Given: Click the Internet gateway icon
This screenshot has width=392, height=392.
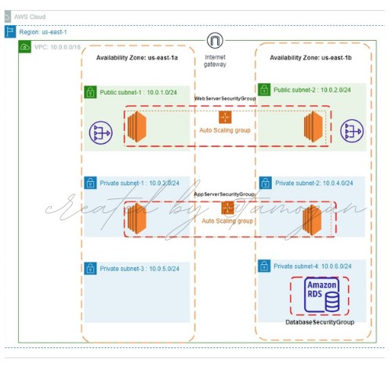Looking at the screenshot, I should tap(216, 41).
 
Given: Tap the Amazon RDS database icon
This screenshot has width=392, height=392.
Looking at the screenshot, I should tap(322, 296).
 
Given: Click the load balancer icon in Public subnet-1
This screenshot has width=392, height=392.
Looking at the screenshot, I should tap(101, 132).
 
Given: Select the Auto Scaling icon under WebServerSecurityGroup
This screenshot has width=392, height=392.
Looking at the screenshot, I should tap(226, 118).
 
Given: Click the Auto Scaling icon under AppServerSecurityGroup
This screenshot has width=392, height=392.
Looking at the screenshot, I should tap(227, 209).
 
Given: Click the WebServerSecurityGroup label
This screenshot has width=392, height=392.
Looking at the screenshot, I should tap(225, 98).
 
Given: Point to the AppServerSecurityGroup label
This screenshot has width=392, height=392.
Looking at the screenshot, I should tap(225, 193).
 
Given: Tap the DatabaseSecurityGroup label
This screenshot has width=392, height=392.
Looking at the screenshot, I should tap(319, 322).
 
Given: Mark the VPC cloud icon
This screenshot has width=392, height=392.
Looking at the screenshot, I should tap(26, 47).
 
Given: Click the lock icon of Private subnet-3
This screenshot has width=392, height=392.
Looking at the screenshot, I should tap(90, 269).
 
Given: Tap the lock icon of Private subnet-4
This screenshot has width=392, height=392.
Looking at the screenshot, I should tap(264, 267).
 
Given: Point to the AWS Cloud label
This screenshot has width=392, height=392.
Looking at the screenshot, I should tap(30, 16).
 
